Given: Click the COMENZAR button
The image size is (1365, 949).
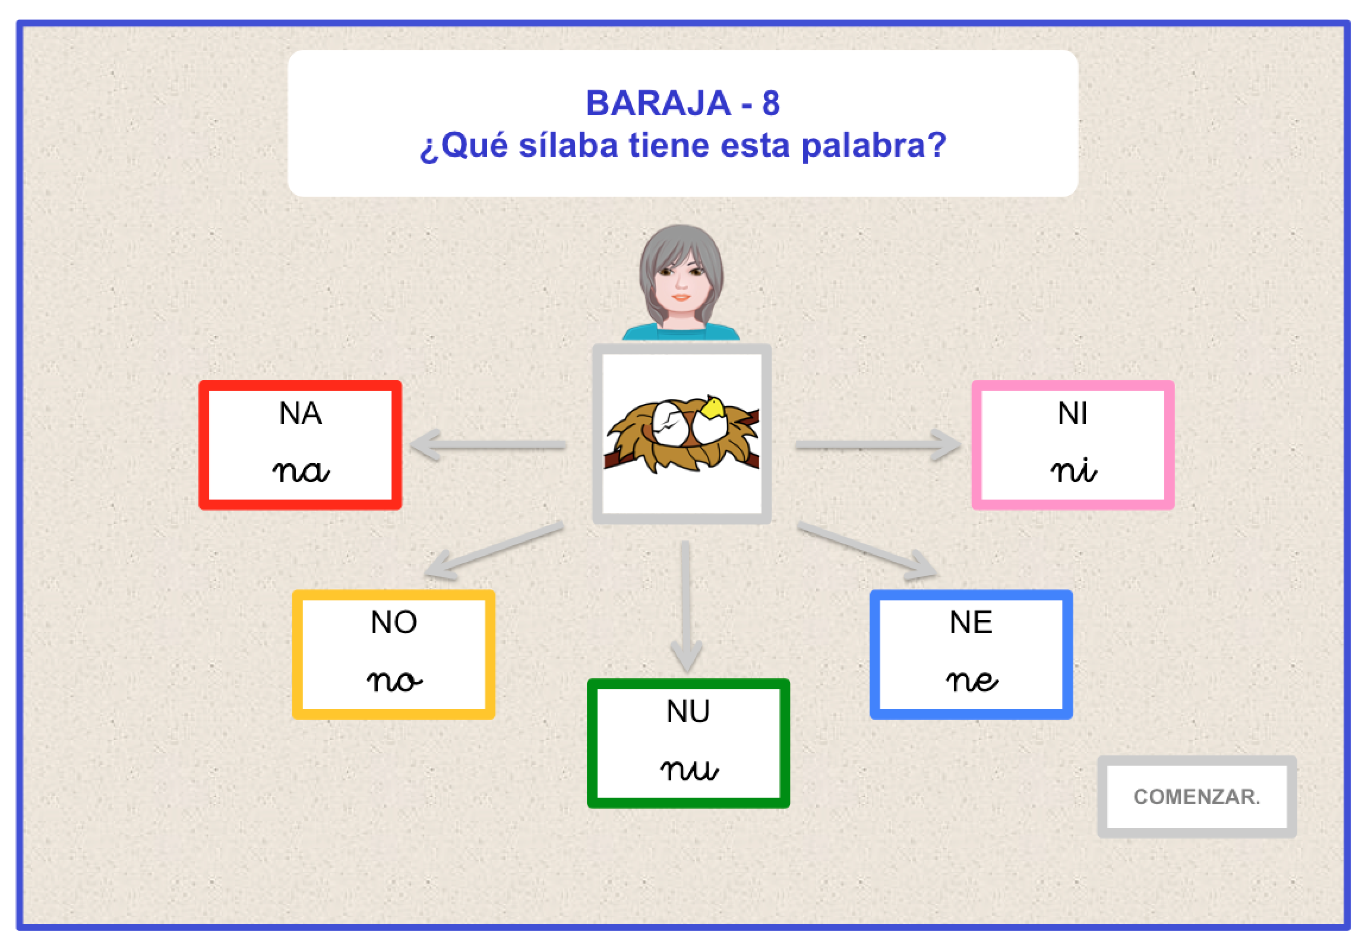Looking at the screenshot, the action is [x=1196, y=796].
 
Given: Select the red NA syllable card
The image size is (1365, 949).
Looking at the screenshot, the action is [x=300, y=444].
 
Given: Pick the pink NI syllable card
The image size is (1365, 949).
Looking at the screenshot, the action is [x=1073, y=444].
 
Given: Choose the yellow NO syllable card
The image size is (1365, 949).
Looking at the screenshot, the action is [x=394, y=654].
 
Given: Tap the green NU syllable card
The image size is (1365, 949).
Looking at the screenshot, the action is [x=688, y=743].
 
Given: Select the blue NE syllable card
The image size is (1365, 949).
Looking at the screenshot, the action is [x=971, y=654].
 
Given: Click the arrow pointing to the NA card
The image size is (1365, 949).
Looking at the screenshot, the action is [x=488, y=444].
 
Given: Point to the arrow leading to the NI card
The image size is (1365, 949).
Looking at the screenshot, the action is [x=877, y=444].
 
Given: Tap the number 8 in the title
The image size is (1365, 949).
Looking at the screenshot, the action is [x=770, y=103].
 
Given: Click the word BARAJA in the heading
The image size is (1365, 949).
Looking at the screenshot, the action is [x=658, y=103].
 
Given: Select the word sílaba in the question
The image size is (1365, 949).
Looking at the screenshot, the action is [x=568, y=145].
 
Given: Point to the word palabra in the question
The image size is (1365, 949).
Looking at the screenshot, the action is [x=874, y=146].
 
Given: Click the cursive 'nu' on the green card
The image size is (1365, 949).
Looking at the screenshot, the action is [x=689, y=770].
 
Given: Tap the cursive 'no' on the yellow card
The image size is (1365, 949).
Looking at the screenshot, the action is [x=394, y=681].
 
